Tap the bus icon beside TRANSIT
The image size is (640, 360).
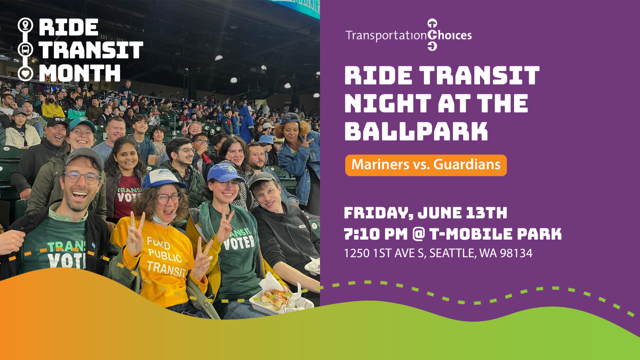[x=26, y=50]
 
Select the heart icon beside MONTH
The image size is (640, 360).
[x=26, y=74]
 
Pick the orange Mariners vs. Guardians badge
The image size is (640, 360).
[x=426, y=165]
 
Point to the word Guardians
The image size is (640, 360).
[x=467, y=164]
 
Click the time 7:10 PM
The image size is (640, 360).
[x=376, y=234]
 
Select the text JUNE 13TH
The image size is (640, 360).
[x=462, y=213]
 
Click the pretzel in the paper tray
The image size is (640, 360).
[x=276, y=298]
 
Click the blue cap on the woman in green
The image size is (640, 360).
[x=224, y=173]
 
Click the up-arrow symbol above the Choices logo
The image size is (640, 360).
[x=432, y=24]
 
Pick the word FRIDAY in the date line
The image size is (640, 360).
[x=378, y=213]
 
